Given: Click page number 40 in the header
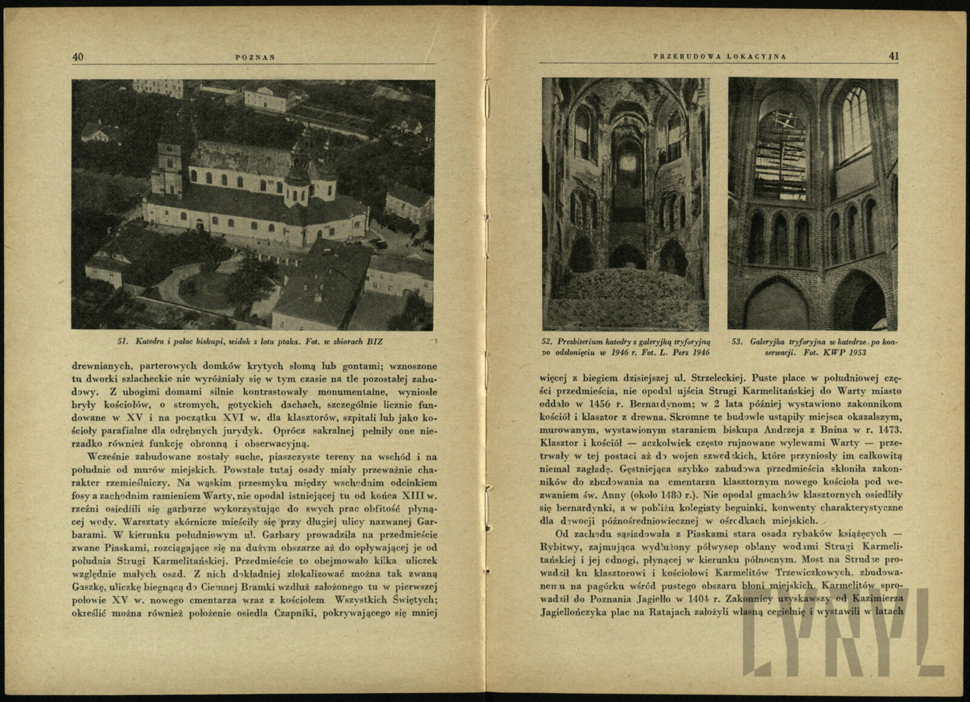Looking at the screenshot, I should (x=78, y=57).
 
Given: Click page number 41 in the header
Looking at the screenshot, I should (x=894, y=56).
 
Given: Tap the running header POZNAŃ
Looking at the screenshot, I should (x=255, y=58).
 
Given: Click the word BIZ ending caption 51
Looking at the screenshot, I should (x=375, y=341).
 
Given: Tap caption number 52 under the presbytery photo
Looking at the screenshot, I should (x=547, y=341).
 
